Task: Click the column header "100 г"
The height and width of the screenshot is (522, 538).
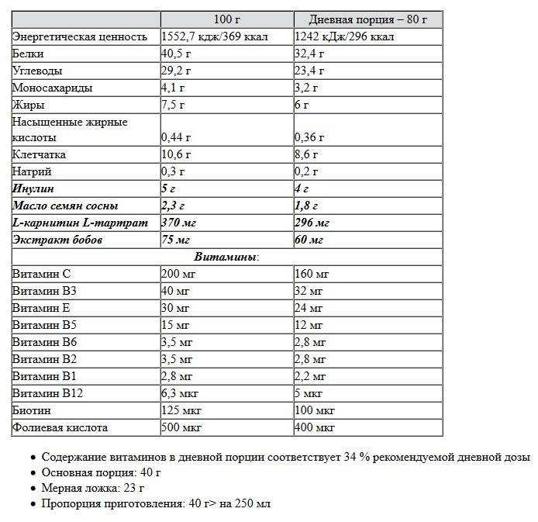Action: pos(226,19)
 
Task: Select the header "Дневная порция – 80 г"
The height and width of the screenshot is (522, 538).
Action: pos(368,19)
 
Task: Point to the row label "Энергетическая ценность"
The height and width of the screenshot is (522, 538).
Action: pos(80,36)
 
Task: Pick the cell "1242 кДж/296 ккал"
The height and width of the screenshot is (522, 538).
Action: pos(344,36)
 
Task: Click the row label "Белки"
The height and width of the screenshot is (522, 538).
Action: pos(28,54)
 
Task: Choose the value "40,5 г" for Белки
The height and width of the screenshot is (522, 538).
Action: pos(176,54)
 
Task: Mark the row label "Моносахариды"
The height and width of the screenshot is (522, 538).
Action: pos(52,88)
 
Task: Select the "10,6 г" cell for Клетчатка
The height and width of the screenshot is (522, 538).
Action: pos(176,154)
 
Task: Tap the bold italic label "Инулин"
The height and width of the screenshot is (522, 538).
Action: pos(33,188)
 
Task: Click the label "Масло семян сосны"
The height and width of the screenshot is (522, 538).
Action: pos(65,206)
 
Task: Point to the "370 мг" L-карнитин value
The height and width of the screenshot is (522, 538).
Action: pos(179,223)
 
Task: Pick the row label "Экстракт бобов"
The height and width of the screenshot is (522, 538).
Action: pos(57,240)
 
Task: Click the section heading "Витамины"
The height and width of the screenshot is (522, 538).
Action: pos(226,257)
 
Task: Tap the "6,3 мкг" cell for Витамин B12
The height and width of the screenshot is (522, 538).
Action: pos(181,393)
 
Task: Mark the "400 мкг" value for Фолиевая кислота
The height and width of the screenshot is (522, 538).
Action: pos(315,427)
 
